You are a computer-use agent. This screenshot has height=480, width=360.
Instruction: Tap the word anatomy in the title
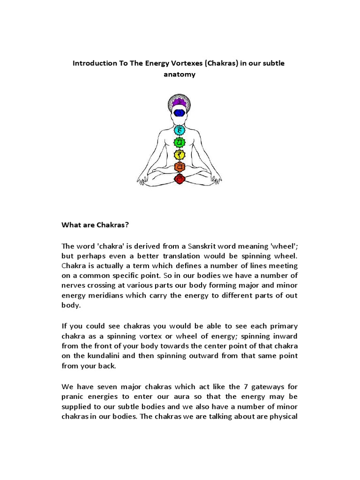(179, 75)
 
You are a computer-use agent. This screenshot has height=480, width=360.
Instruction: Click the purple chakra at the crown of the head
(180, 102)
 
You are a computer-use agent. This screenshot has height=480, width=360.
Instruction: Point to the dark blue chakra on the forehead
(180, 112)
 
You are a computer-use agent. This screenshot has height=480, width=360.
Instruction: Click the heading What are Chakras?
(95, 225)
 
